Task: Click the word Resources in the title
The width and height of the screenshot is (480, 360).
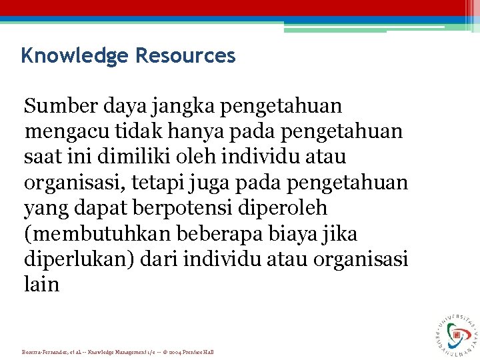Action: point(185,55)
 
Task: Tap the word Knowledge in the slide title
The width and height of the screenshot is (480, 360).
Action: point(74,55)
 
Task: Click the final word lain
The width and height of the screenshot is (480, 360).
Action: point(42,285)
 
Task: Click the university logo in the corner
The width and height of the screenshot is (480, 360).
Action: point(457,333)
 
